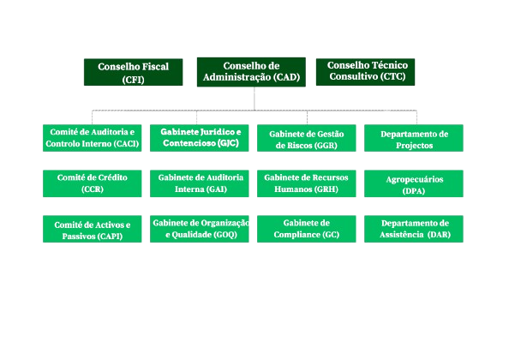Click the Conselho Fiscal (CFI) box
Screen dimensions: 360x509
pos(133,73)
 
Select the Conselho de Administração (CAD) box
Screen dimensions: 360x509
pos(251,72)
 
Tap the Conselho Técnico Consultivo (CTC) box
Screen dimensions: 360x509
pos(367,71)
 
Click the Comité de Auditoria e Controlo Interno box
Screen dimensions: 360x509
pos(92,138)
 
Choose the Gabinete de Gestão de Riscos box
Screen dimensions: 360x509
pos(307,139)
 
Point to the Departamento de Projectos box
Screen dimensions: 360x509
pos(414,139)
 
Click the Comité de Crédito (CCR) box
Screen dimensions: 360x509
pos(92,183)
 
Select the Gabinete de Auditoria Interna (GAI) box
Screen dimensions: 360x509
pos(200,183)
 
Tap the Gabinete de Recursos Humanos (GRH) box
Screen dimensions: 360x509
pos(307,183)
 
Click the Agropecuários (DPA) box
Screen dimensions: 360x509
pos(414,183)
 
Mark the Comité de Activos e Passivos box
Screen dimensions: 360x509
pos(92,229)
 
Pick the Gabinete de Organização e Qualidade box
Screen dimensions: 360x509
pos(200,228)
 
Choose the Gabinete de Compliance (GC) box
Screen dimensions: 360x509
pos(307,228)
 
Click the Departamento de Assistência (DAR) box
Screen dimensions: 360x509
pos(414,228)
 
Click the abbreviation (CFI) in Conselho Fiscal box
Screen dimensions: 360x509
pos(133,80)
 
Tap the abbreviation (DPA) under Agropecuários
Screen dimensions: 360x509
pos(414,191)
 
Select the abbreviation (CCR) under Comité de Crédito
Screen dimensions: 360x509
pos(92,189)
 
